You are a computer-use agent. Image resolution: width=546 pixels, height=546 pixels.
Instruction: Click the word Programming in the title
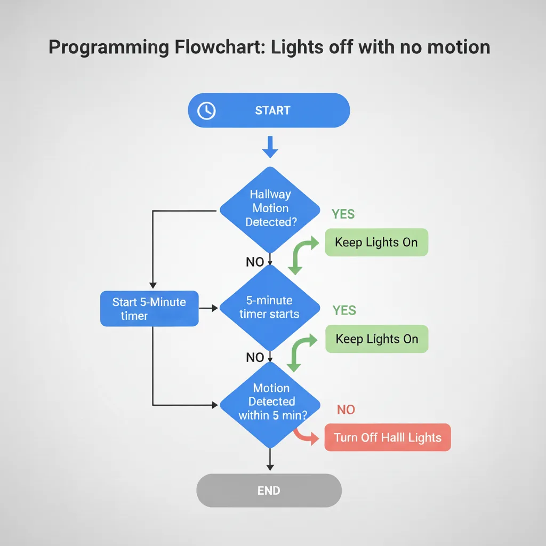[109, 47]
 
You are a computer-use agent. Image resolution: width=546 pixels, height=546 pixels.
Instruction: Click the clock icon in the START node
[206, 111]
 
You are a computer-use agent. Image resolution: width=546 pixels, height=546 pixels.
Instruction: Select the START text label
[272, 111]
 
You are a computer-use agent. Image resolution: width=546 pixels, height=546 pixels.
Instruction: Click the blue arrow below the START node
[270, 147]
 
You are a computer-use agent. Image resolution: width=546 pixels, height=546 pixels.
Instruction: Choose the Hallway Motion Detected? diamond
[270, 209]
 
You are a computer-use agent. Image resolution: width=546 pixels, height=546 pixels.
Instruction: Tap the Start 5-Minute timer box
[149, 309]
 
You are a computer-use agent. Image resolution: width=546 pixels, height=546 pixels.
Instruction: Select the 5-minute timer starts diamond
[270, 308]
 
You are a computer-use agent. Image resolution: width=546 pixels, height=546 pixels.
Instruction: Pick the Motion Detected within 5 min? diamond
[270, 403]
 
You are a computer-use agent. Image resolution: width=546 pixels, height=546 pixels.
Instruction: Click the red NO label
[346, 409]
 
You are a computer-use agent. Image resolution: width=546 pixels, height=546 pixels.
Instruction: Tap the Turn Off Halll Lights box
[388, 438]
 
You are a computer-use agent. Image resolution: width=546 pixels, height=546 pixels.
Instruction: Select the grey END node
[269, 491]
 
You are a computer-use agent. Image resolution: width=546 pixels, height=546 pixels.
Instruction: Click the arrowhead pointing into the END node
[270, 467]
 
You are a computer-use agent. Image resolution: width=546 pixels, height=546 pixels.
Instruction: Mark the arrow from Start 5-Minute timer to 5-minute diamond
[209, 308]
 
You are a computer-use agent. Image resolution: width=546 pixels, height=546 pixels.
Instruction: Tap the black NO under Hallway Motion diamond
[255, 262]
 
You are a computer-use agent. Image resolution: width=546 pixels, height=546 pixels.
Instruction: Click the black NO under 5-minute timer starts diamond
[255, 357]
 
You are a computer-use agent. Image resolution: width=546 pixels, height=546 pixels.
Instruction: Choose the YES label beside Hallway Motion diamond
[343, 214]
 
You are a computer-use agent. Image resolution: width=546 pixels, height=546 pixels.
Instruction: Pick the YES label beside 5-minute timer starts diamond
[344, 310]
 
